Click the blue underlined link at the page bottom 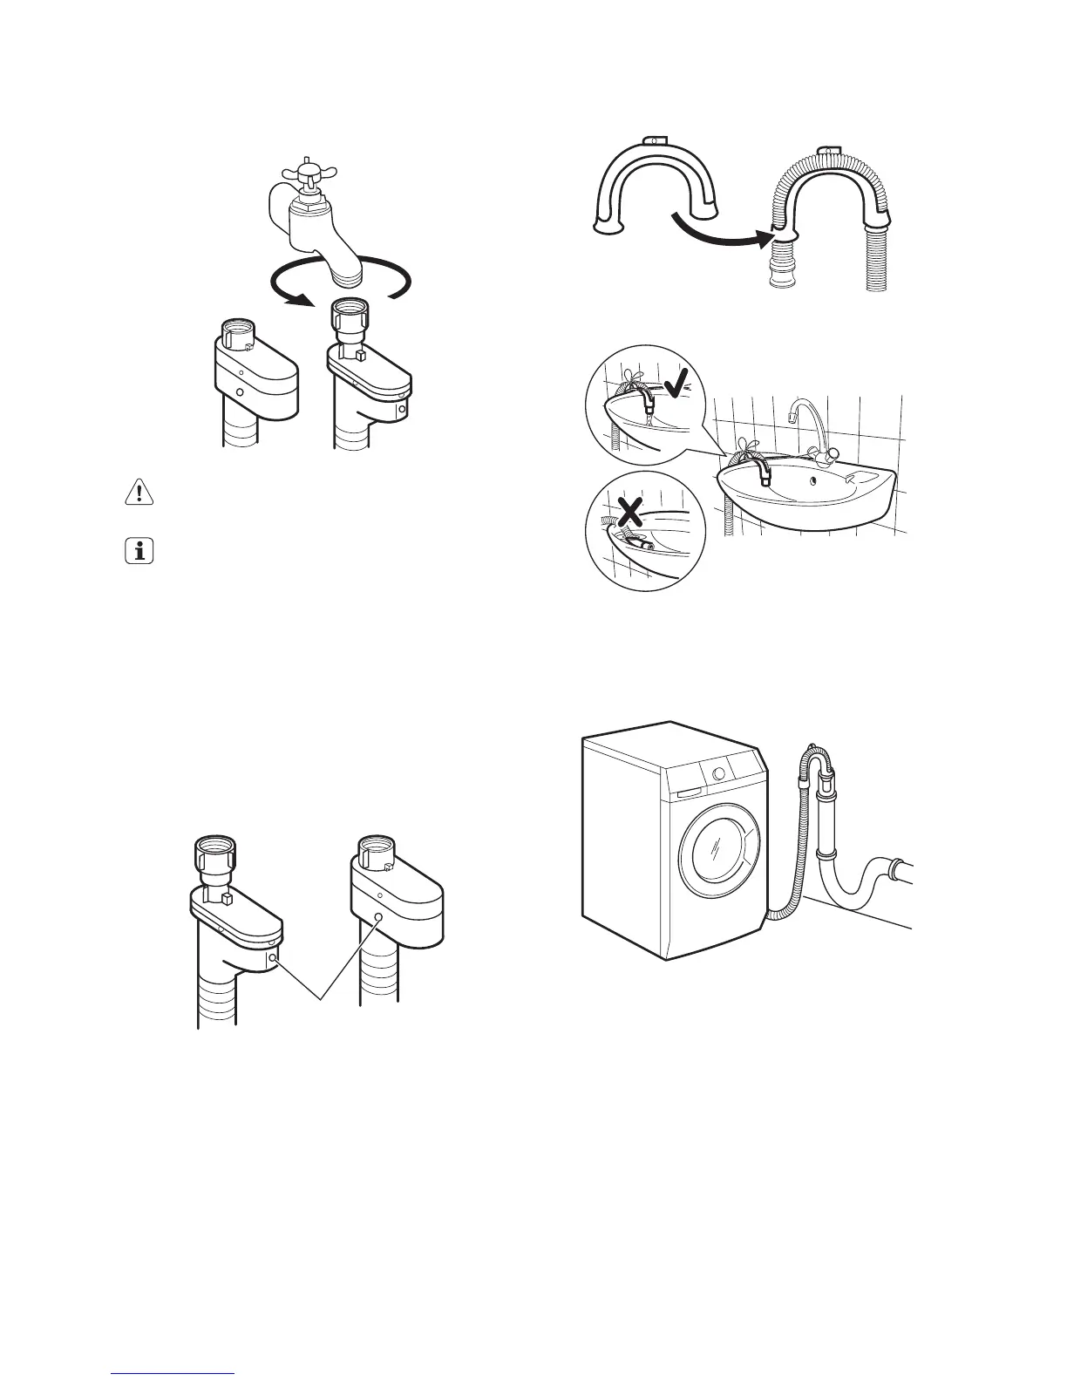click(173, 1375)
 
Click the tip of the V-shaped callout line click(320, 999)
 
